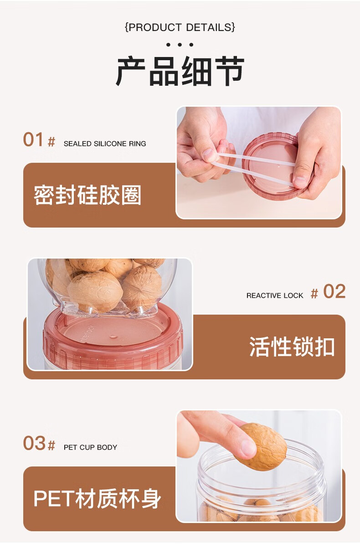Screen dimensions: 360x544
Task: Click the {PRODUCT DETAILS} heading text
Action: [x=180, y=27]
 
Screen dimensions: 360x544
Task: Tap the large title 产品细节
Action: [x=180, y=72]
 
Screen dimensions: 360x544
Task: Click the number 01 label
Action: [x=33, y=140]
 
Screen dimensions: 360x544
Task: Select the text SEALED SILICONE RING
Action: [x=105, y=144]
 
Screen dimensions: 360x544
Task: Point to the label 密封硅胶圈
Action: [x=87, y=195]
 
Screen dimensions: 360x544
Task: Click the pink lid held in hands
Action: [x=274, y=166]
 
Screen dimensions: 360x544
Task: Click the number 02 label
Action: [x=334, y=291]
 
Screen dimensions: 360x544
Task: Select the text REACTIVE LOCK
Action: [x=275, y=295]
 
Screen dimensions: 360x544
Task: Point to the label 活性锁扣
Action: [x=292, y=347]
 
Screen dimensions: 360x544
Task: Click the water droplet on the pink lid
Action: [x=113, y=336]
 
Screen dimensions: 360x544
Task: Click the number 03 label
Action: [x=34, y=443]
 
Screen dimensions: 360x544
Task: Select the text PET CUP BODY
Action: [x=90, y=447]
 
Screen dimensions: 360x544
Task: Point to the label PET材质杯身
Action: [x=98, y=498]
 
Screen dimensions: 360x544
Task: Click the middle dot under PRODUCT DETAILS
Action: [x=180, y=45]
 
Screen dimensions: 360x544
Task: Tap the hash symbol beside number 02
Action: [x=314, y=294]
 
